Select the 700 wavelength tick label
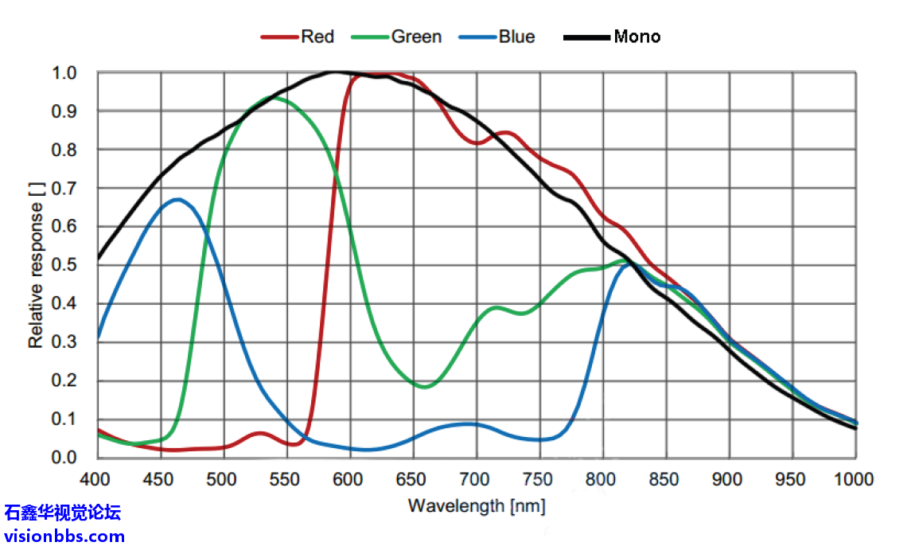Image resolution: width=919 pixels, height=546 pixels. point(476,479)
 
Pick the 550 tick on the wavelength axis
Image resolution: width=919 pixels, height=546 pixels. point(286,479)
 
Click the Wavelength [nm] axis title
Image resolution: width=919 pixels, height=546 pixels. point(477,505)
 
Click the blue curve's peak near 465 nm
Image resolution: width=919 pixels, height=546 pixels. point(178,199)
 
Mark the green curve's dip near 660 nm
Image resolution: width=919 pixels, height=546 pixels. point(425,387)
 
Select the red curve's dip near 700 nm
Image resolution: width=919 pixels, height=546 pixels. point(476,143)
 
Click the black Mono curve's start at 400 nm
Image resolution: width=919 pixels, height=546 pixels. point(99,257)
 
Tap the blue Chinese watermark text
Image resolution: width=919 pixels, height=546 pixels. point(64,513)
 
